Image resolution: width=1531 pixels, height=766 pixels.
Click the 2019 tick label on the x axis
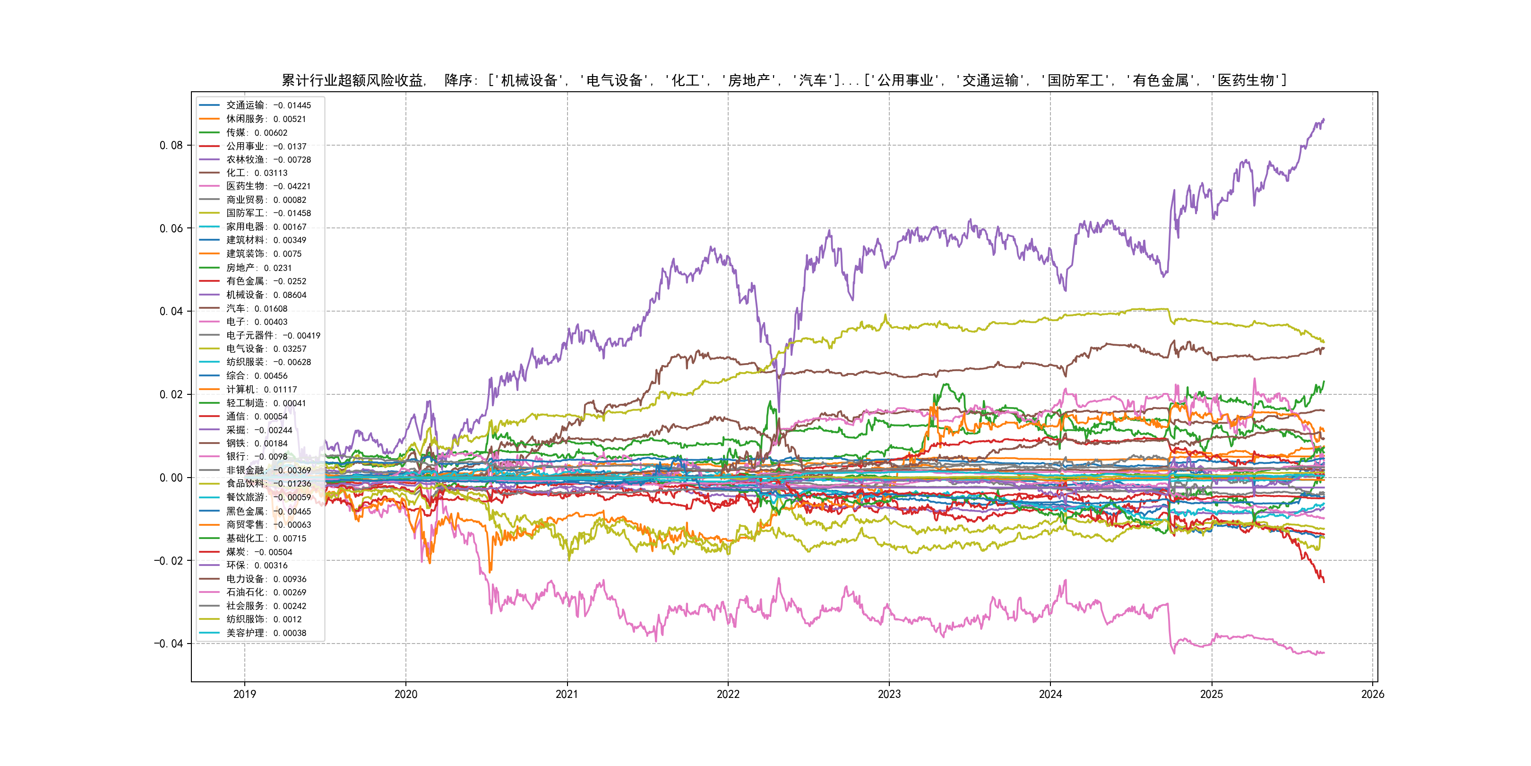pos(244,694)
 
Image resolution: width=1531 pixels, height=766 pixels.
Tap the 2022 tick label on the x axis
pos(728,694)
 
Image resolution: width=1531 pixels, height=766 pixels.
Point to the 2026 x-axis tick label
pos(1372,694)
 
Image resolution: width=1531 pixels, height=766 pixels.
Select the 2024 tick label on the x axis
pos(1050,694)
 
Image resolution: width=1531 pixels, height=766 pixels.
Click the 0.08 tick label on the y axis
pos(171,145)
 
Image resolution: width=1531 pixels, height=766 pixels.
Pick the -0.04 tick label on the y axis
pos(168,644)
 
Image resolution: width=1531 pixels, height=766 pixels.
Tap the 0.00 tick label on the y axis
pos(171,478)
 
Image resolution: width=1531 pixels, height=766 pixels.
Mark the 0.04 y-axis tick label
pos(171,311)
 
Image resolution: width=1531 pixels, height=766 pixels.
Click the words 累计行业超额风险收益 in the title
pos(352,80)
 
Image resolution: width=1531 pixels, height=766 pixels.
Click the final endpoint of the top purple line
pos(1324,120)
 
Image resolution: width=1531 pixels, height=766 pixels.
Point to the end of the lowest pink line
pos(1324,653)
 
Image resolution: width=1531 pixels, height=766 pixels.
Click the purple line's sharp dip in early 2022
pos(779,410)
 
